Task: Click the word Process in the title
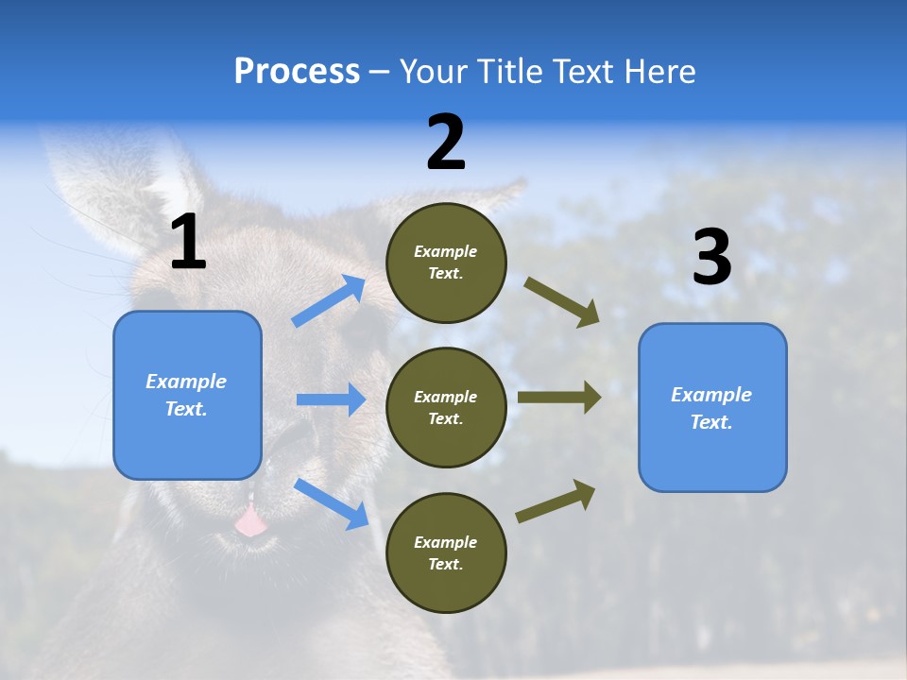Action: point(297,72)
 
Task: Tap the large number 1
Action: point(188,243)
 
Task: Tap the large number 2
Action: point(446,143)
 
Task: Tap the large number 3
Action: point(711,258)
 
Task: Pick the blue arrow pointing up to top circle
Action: point(329,301)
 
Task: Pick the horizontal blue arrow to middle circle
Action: point(331,399)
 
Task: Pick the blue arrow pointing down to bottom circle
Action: point(331,503)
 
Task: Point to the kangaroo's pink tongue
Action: point(250,521)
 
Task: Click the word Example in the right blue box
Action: point(711,395)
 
